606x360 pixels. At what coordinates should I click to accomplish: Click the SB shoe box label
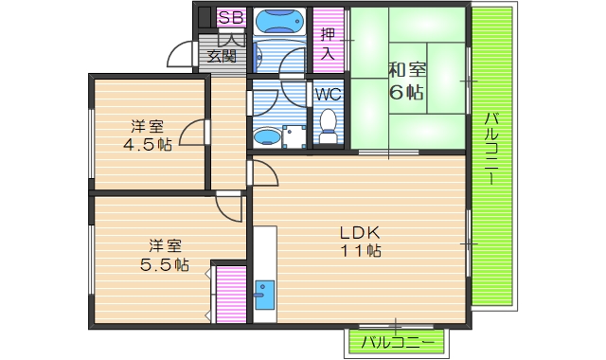pos(231,18)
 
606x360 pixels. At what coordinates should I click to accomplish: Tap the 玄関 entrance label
pos(222,55)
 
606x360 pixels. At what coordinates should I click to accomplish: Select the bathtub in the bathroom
pos(280,20)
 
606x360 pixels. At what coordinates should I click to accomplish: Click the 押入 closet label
pos(328,44)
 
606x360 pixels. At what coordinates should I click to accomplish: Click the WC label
pos(328,94)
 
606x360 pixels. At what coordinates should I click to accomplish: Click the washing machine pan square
pos(296,136)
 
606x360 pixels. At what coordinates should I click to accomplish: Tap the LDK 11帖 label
pos(361,241)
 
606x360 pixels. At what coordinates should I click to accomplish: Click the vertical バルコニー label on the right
pos(491,152)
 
